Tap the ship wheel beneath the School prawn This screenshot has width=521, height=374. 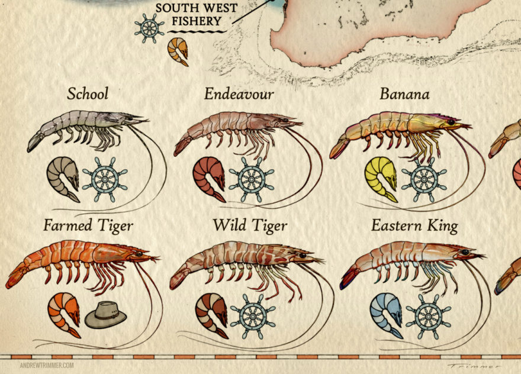(x=105, y=176)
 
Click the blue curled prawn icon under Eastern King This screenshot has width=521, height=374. (x=386, y=315)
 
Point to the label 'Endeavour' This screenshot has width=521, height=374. (x=239, y=94)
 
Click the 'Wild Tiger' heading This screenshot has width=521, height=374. (x=250, y=225)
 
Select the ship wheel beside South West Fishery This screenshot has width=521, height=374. (x=149, y=28)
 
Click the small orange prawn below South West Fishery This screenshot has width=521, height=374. (x=178, y=51)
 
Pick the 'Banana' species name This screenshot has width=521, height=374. (x=404, y=94)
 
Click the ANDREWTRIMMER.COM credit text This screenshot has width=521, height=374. (x=47, y=365)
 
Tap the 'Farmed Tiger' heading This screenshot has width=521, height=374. (x=88, y=225)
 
